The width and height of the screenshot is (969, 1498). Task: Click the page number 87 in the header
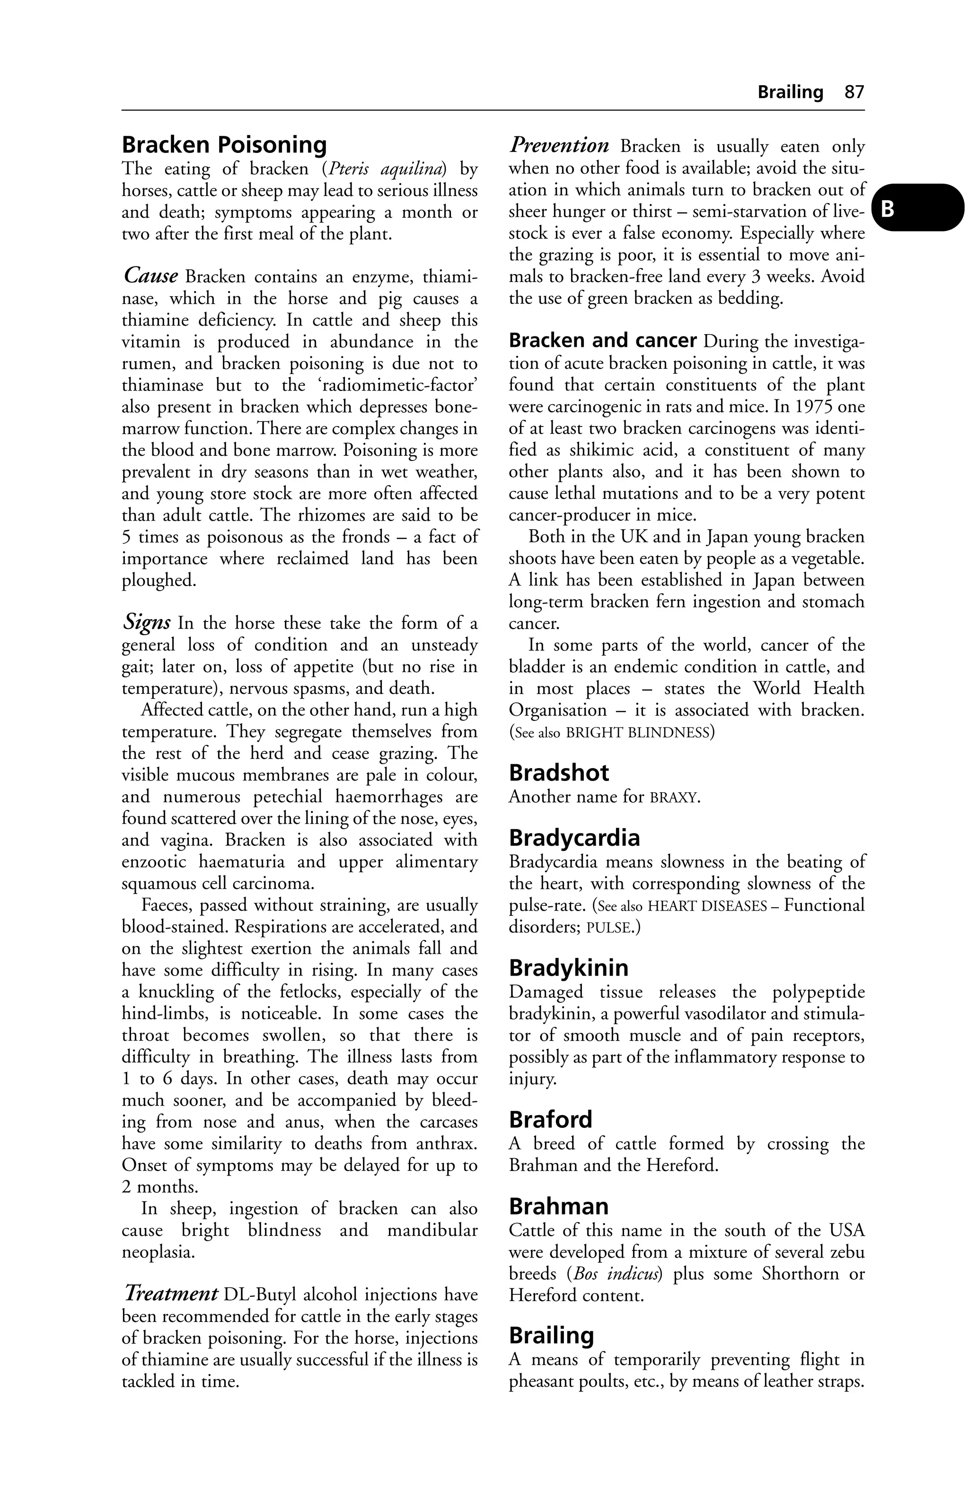coord(854,92)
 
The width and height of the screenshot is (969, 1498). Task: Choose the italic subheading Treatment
coord(170,1294)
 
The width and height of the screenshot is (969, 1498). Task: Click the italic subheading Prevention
coord(558,146)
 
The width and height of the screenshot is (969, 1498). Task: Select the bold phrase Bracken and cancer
coord(602,341)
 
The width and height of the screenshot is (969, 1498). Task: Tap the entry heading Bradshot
coord(559,773)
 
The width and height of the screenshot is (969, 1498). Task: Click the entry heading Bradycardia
coord(574,838)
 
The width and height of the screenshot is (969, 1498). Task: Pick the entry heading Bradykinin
coord(568,967)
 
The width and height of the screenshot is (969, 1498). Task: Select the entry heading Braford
coord(551,1119)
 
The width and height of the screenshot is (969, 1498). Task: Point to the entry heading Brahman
coord(559,1206)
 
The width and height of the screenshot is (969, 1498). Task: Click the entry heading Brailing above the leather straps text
coord(551,1336)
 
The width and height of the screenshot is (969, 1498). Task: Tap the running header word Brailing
coord(790,92)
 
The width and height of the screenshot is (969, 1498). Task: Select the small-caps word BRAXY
coord(674,798)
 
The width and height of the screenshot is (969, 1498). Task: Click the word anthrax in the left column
coord(447,1143)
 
